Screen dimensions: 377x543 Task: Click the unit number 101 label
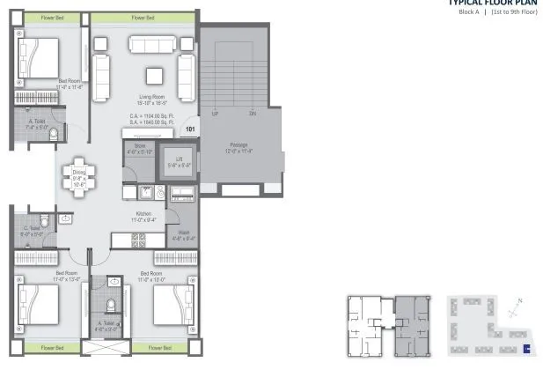pos(189,129)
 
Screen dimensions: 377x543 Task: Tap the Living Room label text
pos(154,97)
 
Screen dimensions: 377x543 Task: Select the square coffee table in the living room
pos(154,74)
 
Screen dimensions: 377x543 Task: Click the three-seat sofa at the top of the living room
pos(154,43)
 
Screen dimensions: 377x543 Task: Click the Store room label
pos(140,148)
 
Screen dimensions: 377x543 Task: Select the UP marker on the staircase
pos(216,114)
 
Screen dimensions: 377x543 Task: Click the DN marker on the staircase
pos(253,114)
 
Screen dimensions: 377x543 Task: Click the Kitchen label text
pos(143,217)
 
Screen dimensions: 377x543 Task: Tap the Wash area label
pos(184,235)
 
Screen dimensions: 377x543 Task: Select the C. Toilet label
pos(32,232)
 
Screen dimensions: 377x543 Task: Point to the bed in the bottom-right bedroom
pos(172,305)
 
